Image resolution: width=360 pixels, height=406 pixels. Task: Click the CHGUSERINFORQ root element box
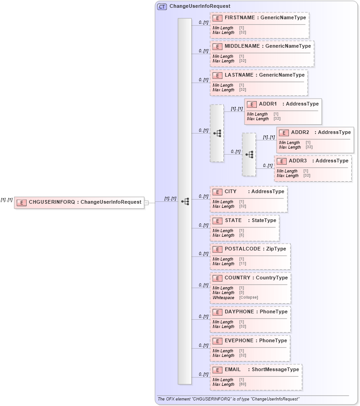(79, 202)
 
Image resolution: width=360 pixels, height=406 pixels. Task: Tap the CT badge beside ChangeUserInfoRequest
(162, 6)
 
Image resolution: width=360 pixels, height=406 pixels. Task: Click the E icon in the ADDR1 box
(252, 104)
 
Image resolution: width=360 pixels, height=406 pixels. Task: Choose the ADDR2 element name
(300, 133)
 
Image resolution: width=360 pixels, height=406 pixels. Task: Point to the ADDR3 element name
(298, 161)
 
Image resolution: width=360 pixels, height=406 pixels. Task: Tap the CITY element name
(231, 192)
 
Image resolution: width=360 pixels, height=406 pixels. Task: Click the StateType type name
(264, 221)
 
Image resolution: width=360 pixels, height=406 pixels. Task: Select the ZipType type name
(276, 249)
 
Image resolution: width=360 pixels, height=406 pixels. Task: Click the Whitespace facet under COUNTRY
(223, 297)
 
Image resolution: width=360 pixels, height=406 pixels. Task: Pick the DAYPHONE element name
(239, 312)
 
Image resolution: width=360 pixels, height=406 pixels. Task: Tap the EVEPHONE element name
(239, 341)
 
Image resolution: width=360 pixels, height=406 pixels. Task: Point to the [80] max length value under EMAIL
(242, 384)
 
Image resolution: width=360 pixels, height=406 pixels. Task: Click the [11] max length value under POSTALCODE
(243, 264)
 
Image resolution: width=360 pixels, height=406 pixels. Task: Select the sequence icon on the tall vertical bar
(185, 201)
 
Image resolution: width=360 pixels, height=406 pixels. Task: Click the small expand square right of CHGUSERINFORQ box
(146, 202)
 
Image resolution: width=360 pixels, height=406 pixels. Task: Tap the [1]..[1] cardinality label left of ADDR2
(269, 137)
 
